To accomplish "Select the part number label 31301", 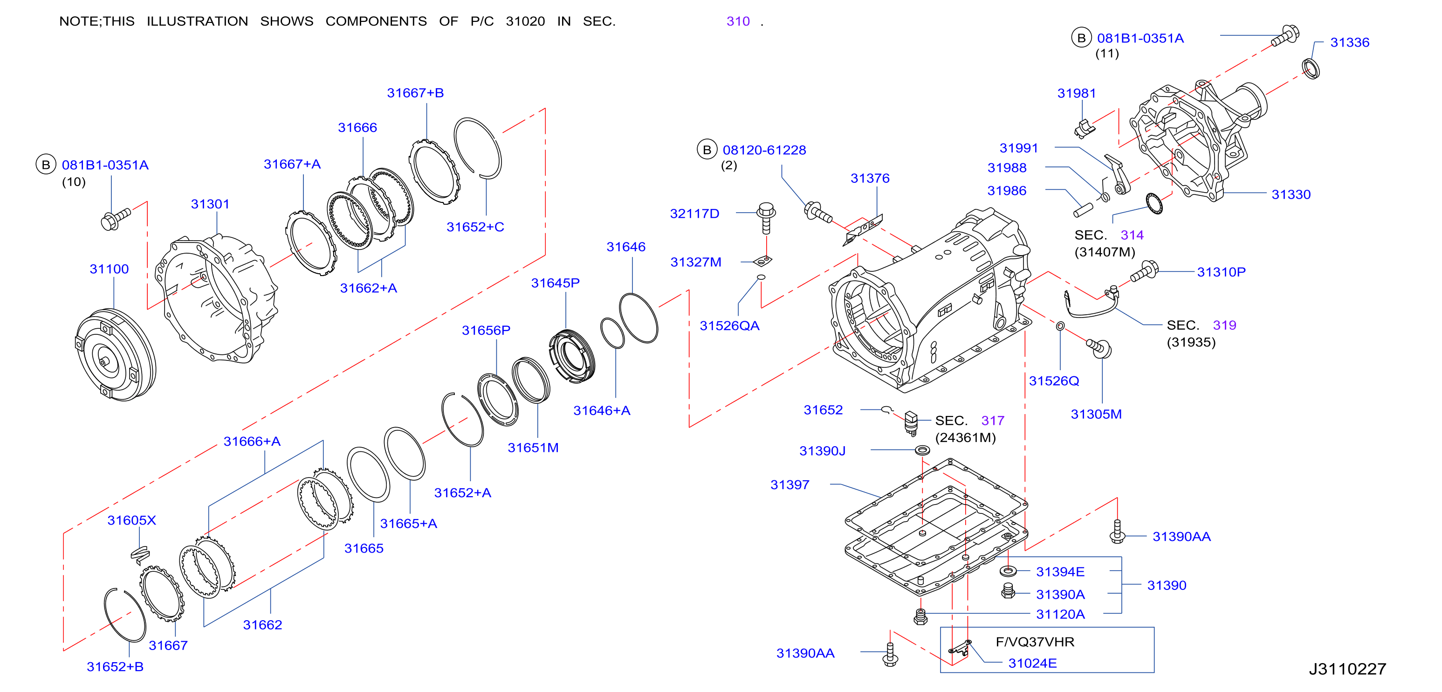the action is [210, 204].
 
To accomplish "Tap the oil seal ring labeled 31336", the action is [1311, 68].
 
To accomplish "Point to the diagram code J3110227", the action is [1347, 669].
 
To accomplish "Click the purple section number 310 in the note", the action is [738, 21].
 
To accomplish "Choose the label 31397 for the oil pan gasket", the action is [790, 485].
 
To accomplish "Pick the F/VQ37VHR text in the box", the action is [1035, 642].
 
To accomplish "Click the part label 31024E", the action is [1032, 663].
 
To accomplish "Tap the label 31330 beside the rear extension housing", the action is [1291, 194].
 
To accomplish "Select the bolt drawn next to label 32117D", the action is [766, 218].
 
